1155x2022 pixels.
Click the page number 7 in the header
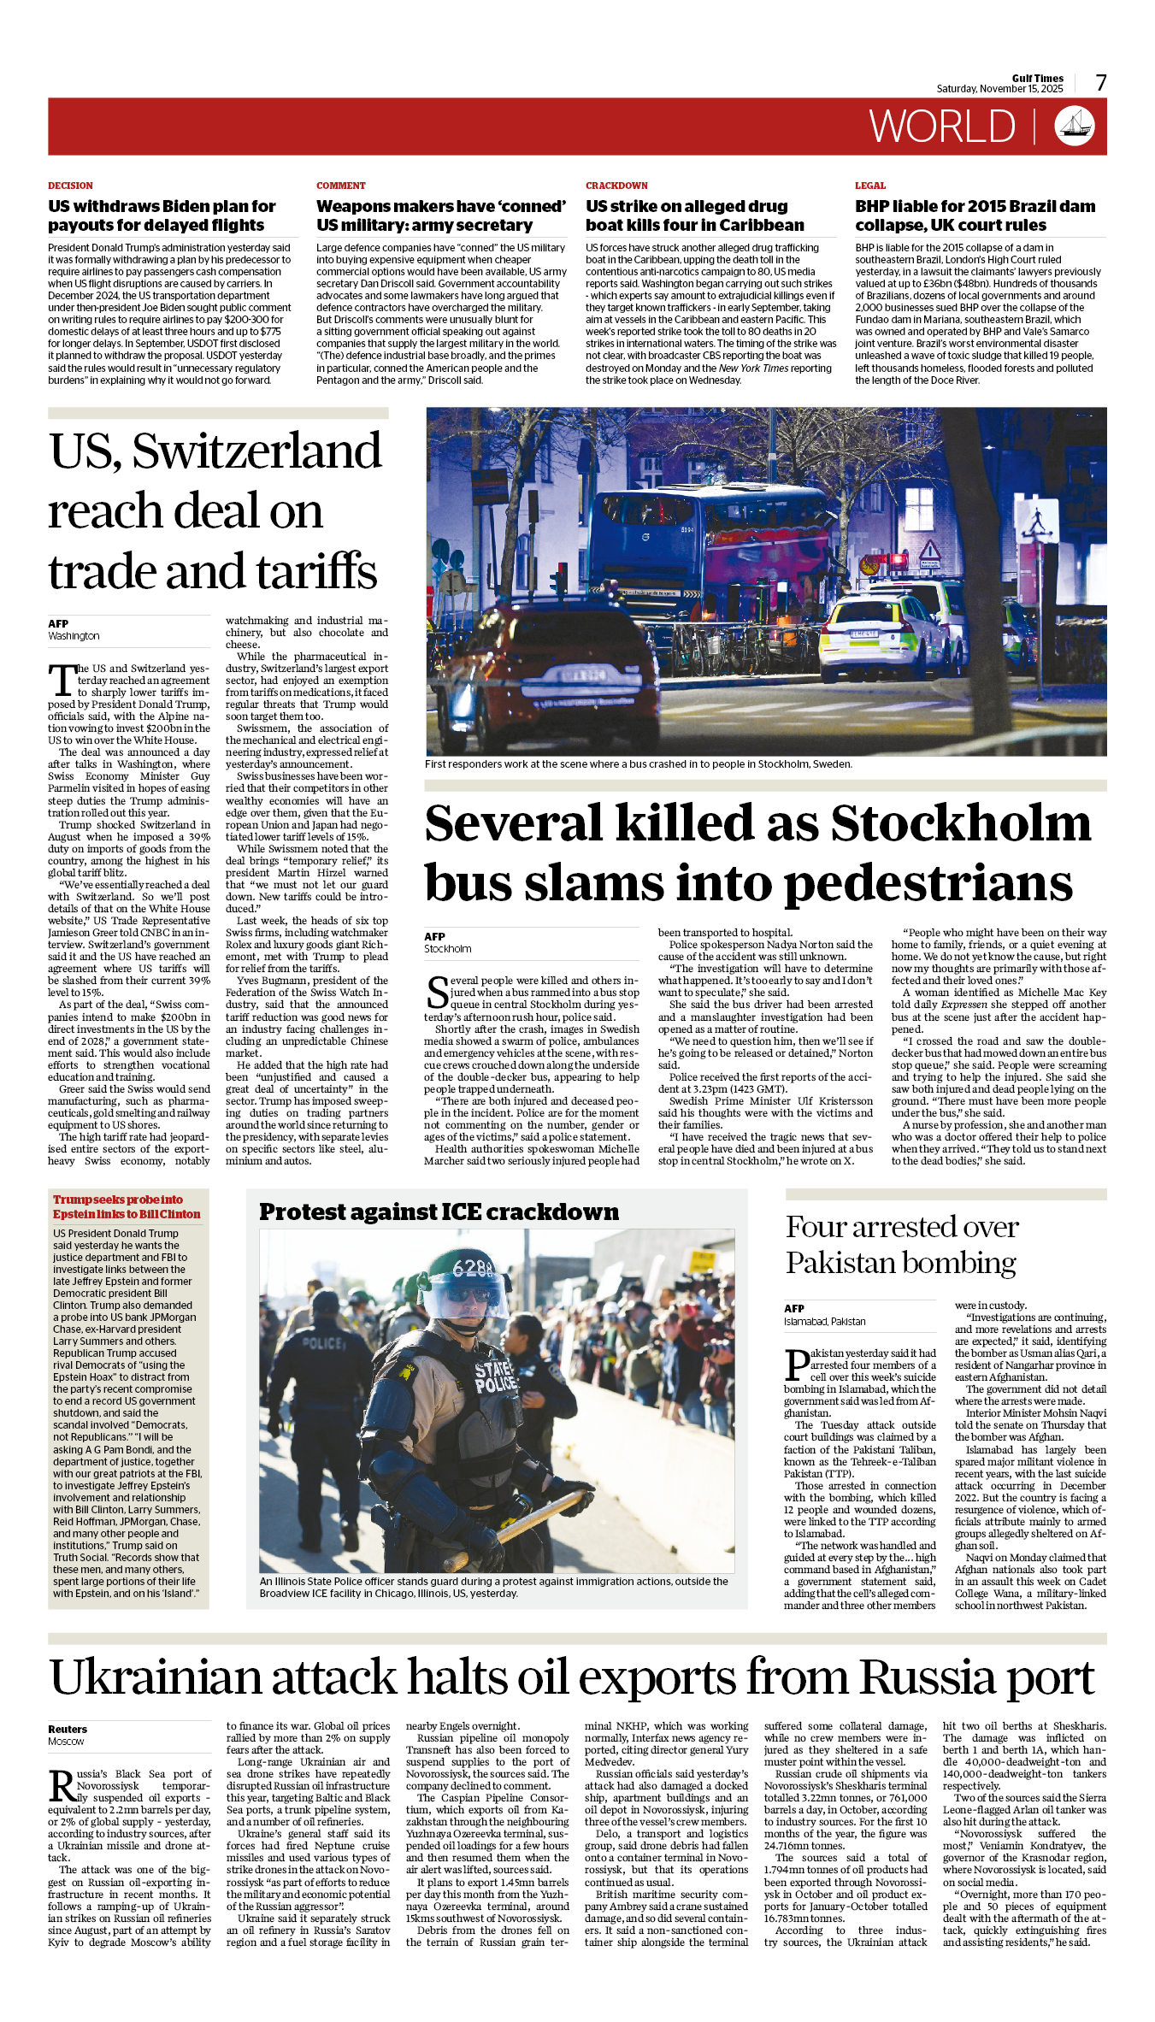(x=1101, y=82)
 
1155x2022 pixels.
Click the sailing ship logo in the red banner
(x=1075, y=126)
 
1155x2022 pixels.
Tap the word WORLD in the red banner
(x=942, y=127)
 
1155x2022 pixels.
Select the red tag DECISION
(x=70, y=186)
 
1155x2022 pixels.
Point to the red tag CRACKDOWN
(x=616, y=186)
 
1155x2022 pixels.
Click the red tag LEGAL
(x=870, y=186)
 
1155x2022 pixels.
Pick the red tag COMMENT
(x=340, y=186)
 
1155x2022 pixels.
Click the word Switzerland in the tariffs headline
(x=256, y=451)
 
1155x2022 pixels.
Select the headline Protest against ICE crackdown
(x=439, y=1211)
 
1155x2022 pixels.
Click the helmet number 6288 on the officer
(x=473, y=1267)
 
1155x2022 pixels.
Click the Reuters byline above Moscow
(x=68, y=1729)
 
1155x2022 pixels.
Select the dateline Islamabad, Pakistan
(x=824, y=1321)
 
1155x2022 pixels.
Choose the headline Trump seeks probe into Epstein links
(x=127, y=1206)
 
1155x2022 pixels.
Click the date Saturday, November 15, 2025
(x=999, y=89)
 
